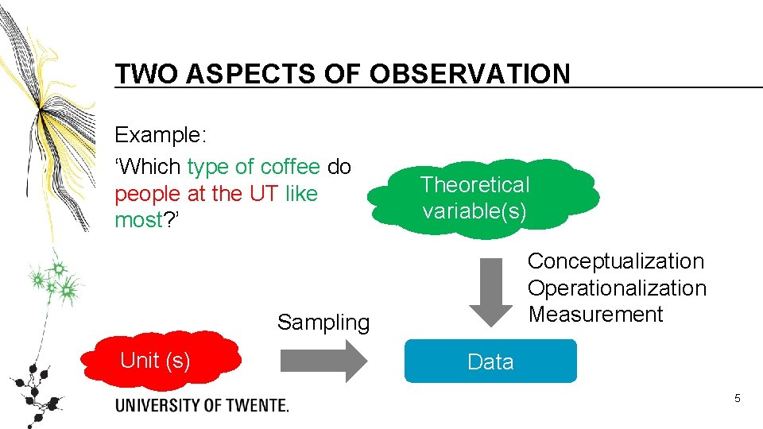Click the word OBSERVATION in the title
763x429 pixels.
pos(470,74)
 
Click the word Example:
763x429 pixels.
pos(161,135)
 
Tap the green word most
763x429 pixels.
pos(138,220)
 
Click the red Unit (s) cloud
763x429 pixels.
pos(166,361)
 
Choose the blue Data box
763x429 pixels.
pos(490,361)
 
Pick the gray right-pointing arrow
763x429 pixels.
pos(323,361)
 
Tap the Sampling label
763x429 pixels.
pos(323,323)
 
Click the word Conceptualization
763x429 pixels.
pos(616,261)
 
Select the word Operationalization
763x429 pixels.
pos(617,288)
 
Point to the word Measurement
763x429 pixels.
pos(595,315)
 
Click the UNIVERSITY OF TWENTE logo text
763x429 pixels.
pos(202,405)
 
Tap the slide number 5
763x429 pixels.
pos(737,398)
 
